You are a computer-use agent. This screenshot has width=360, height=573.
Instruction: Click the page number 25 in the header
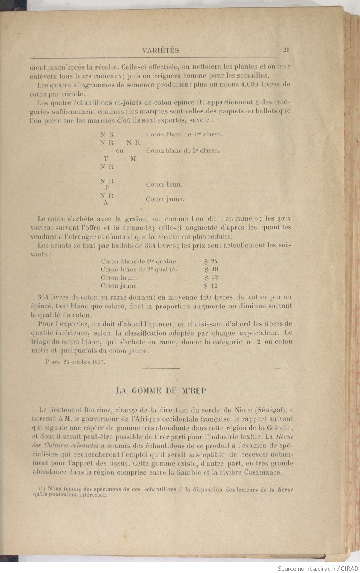286,50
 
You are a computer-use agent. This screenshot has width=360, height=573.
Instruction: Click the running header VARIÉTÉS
160,51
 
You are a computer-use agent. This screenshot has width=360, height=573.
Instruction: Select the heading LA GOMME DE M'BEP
161,390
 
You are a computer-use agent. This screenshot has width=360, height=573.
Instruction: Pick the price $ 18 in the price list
211,269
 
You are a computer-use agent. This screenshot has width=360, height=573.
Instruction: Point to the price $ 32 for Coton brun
211,277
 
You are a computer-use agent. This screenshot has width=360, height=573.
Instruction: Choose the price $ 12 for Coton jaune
211,286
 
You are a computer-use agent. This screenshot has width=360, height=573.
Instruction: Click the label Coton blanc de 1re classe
184,134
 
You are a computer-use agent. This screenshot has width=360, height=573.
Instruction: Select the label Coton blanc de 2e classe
183,150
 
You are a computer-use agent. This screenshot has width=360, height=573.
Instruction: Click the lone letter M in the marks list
133,159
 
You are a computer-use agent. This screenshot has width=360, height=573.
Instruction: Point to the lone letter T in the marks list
106,159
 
